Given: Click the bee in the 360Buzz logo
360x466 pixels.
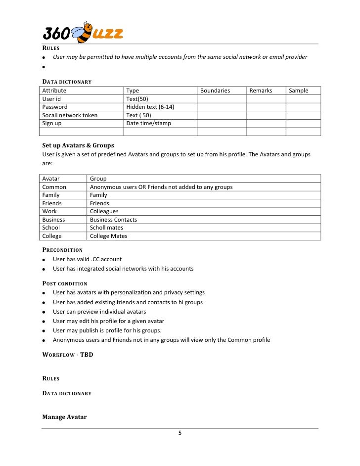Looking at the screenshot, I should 82,33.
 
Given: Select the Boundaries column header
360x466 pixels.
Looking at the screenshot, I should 215,91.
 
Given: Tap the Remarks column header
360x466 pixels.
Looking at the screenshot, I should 261,91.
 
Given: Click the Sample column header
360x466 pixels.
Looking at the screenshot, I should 298,91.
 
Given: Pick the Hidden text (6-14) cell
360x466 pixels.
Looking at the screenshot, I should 150,107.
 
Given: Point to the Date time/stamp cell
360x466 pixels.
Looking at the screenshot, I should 148,123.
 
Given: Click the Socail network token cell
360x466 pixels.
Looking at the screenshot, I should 70,115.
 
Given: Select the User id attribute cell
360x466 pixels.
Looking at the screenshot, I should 51,99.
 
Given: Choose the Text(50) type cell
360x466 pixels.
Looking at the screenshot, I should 137,99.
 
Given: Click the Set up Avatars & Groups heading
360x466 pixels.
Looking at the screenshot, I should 78,145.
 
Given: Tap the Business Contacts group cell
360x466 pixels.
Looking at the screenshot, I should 113,220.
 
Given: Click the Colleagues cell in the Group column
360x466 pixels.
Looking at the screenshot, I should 104,211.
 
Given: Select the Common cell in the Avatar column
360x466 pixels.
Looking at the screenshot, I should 54,187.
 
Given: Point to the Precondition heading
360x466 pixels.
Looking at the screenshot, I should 62,250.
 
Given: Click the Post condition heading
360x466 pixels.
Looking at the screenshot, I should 65,283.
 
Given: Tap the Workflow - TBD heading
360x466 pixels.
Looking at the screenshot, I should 68,355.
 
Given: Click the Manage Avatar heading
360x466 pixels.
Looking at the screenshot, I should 64,417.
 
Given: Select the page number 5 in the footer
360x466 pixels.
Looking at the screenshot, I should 180,433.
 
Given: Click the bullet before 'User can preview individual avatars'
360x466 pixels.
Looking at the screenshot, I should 45,312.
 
